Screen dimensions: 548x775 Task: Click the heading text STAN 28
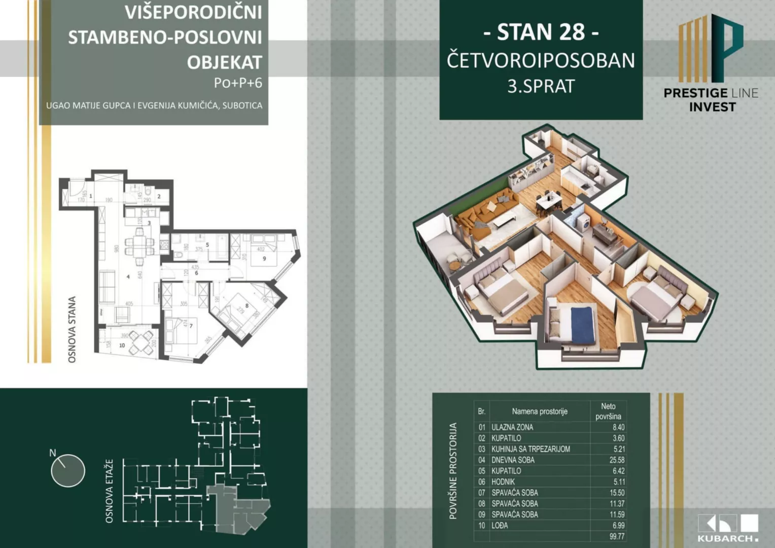pyautogui.click(x=541, y=32)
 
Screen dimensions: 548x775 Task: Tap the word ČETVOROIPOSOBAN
pyautogui.click(x=541, y=60)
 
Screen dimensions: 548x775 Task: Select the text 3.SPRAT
pyautogui.click(x=541, y=86)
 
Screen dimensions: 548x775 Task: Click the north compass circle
pyautogui.click(x=68, y=470)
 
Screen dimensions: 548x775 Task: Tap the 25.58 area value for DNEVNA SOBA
pyautogui.click(x=617, y=460)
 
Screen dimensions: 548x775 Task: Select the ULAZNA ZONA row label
pyautogui.click(x=512, y=427)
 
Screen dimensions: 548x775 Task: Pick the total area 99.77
pyautogui.click(x=617, y=536)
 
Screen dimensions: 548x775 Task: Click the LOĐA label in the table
pyautogui.click(x=500, y=526)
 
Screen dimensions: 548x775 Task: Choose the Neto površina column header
pyautogui.click(x=608, y=412)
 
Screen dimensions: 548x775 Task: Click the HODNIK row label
pyautogui.click(x=503, y=482)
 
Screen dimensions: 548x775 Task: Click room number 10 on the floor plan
pyautogui.click(x=122, y=346)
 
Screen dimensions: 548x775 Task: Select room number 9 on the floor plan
pyautogui.click(x=264, y=259)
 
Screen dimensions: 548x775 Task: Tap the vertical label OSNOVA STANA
pyautogui.click(x=72, y=330)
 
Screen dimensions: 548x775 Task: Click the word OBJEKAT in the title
pyautogui.click(x=224, y=62)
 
